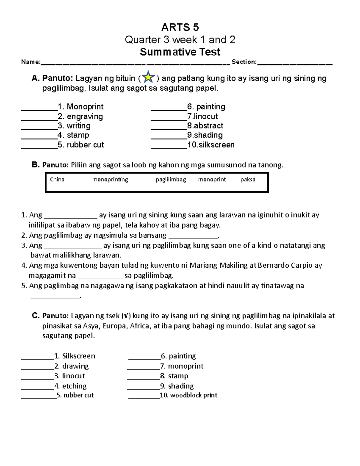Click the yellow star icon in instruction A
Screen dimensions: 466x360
tap(148, 77)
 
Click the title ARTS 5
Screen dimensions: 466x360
tap(180, 27)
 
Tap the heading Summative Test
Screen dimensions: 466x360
tap(180, 52)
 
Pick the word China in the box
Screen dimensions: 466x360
tap(57, 179)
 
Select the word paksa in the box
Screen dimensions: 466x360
tap(248, 179)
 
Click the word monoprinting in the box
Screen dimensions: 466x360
tap(110, 179)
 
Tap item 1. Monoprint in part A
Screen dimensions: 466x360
tap(80, 107)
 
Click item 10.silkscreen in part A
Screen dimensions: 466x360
tap(211, 145)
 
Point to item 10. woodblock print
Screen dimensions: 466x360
tap(188, 395)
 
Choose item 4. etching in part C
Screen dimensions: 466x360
tap(70, 386)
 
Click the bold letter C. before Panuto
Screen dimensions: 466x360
tap(36, 315)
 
